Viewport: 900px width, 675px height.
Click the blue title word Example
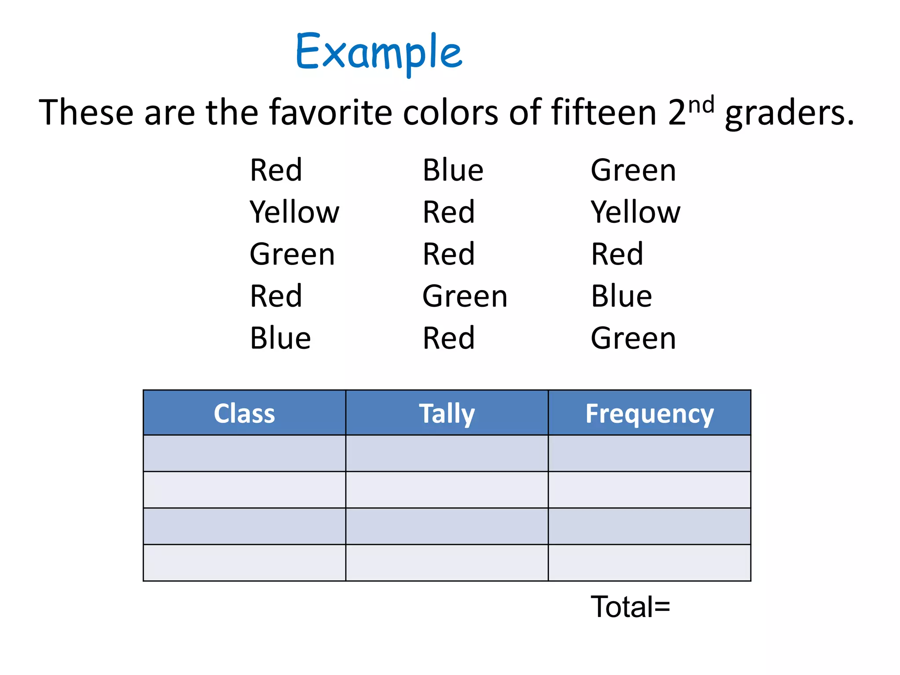coord(379,53)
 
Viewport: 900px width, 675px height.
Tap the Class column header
coord(244,413)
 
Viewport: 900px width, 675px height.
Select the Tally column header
coord(447,413)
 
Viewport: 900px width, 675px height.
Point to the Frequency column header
coord(649,413)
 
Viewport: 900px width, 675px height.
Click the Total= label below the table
coord(630,607)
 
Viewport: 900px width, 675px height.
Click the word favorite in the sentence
coord(330,112)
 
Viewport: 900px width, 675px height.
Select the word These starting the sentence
coord(86,112)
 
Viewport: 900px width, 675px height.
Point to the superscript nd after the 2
coord(701,105)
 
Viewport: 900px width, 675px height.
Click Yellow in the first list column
coord(294,212)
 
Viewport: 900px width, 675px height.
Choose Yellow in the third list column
coord(635,212)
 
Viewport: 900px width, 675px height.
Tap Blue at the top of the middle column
coord(453,170)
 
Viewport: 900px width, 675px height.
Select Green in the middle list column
coord(465,296)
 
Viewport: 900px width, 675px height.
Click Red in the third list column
coord(617,254)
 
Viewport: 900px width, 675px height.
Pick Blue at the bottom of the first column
coord(280,338)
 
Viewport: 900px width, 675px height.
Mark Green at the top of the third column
coord(633,170)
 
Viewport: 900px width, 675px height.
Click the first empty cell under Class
coord(244,453)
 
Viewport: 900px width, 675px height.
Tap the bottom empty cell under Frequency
coord(649,563)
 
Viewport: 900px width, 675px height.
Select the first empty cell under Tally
coord(447,453)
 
